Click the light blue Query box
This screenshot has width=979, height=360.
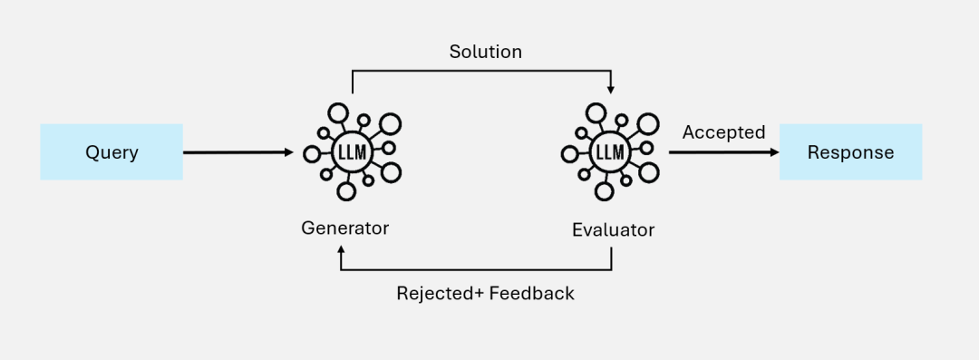[111, 152]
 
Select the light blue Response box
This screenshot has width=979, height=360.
[850, 152]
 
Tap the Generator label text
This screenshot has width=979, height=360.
[344, 229]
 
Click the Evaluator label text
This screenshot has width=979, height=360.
[613, 230]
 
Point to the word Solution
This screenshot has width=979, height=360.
[486, 52]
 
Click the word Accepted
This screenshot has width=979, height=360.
[723, 132]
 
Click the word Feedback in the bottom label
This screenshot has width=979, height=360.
[532, 294]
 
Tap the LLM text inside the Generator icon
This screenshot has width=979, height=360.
[351, 151]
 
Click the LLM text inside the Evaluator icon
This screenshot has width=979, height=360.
[609, 152]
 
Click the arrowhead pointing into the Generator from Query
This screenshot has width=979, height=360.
[289, 152]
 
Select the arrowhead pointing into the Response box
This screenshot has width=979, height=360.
[774, 152]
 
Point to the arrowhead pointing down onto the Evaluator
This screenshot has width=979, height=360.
[611, 89]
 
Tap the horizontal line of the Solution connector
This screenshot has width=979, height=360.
[480, 72]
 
